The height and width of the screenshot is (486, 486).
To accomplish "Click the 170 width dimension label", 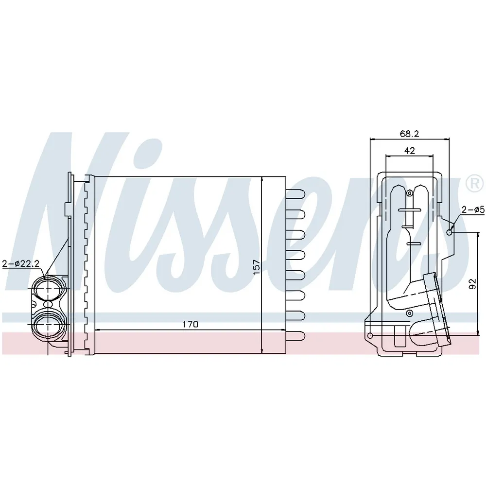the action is (x=191, y=324).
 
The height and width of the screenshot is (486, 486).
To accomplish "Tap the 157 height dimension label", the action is (x=257, y=267).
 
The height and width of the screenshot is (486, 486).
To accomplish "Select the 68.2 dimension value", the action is (x=409, y=134).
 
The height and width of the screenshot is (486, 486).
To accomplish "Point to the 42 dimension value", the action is (x=409, y=151).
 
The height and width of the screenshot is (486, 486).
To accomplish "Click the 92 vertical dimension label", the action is (x=472, y=284).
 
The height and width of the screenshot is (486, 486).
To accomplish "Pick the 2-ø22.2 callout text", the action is (x=20, y=263).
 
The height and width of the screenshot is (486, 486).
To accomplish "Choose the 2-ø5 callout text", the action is (x=473, y=210).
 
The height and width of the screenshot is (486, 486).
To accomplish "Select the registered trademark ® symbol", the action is (x=474, y=184).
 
